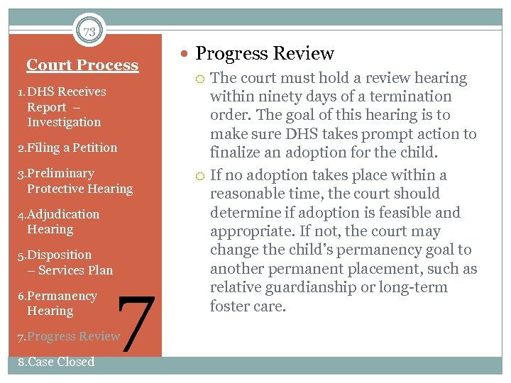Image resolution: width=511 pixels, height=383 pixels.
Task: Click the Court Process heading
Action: (82, 65)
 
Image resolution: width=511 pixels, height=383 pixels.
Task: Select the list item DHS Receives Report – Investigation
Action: (64, 106)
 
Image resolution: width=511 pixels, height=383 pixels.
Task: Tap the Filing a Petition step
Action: (67, 148)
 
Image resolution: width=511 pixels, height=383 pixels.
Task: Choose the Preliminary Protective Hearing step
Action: (75, 181)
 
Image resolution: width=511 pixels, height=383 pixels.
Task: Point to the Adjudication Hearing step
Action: (60, 221)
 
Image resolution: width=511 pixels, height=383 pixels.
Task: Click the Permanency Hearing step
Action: (57, 303)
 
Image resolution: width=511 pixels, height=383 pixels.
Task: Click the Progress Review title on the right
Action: (264, 53)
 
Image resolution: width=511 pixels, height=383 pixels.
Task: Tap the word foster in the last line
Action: (229, 306)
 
